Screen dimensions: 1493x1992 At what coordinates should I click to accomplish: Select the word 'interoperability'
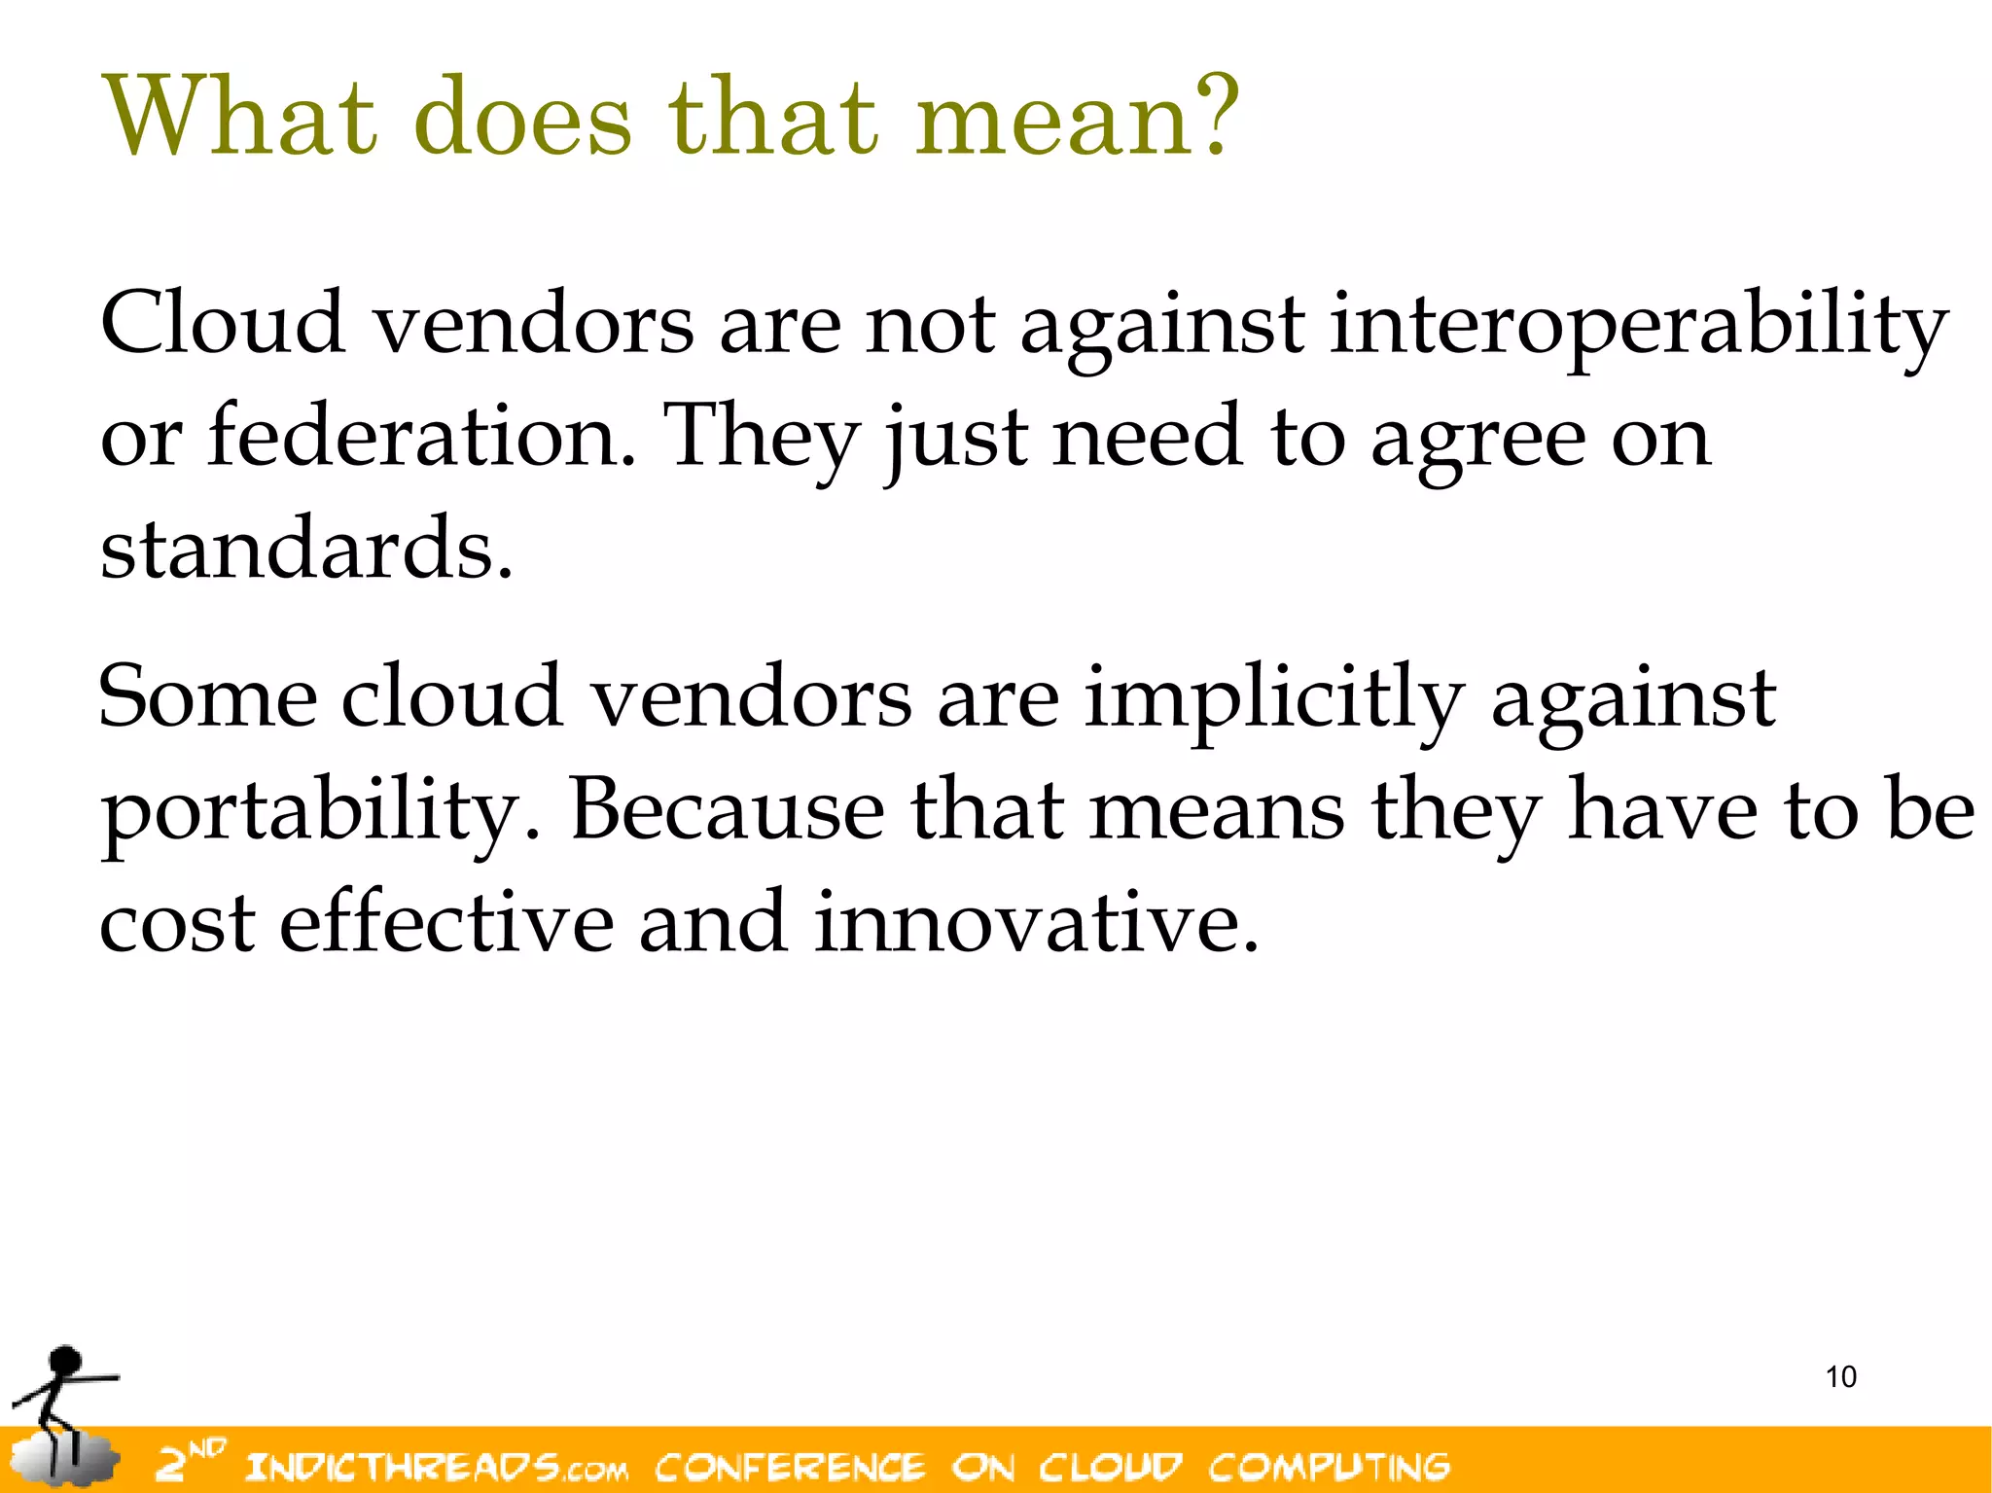click(x=1638, y=326)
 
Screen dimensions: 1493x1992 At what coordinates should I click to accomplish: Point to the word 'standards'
click(x=304, y=550)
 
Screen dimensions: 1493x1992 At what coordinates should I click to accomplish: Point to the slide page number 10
click(x=1840, y=1377)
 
